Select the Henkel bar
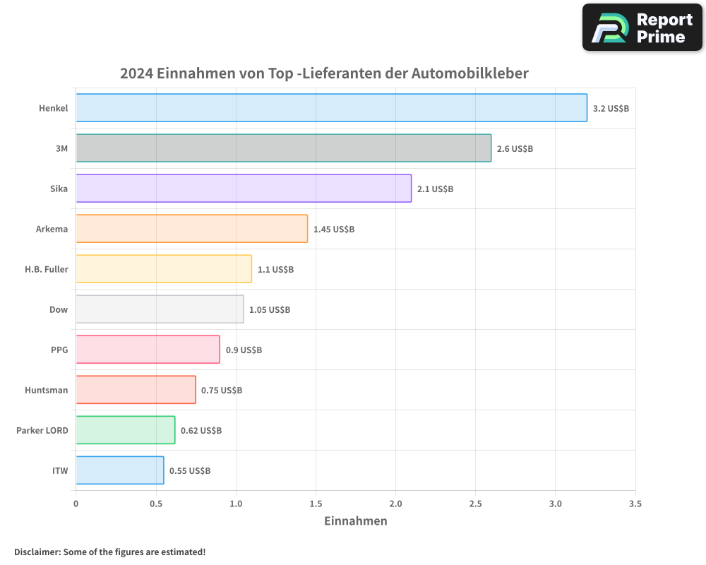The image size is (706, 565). coord(331,108)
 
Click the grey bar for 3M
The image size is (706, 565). coord(283,148)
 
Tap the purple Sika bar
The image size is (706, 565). coord(244,189)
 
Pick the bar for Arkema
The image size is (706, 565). coord(191,229)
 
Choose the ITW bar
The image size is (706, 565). coord(119,470)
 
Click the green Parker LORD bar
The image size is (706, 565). coord(125,430)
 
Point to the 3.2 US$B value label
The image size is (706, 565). coord(611,109)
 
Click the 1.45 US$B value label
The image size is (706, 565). coord(334,230)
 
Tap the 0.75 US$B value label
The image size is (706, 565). coord(222,390)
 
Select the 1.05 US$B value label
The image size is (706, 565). coord(270,310)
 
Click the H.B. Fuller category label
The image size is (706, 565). coord(47,269)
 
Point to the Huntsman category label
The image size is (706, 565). coord(47,390)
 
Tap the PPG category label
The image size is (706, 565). coord(59,350)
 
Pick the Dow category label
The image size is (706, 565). coord(59,309)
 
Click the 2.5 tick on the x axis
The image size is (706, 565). coord(476,504)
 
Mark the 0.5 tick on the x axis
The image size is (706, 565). coord(156,504)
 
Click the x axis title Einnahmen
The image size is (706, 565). coord(356,521)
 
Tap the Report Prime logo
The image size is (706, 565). coord(642,28)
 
